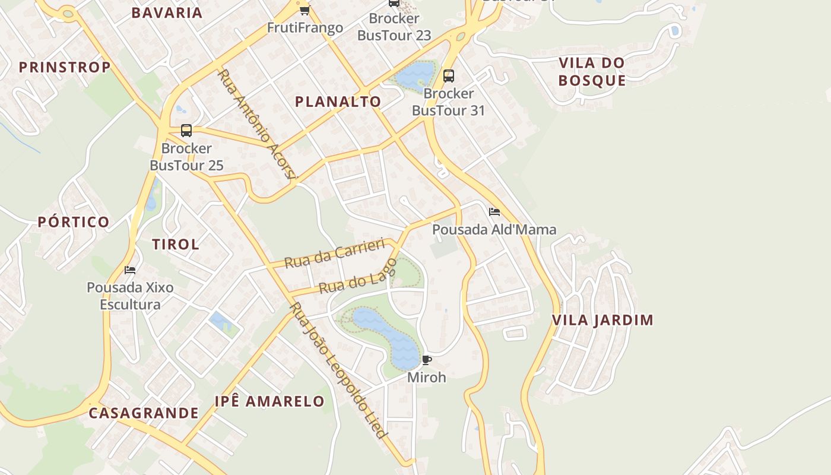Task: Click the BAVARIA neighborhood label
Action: pyautogui.click(x=167, y=12)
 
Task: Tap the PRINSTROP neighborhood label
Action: pyautogui.click(x=65, y=67)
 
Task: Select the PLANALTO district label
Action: pyautogui.click(x=338, y=102)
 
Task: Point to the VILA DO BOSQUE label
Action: pyautogui.click(x=592, y=71)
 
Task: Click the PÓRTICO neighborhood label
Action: pyautogui.click(x=74, y=222)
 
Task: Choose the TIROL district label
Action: pyautogui.click(x=175, y=244)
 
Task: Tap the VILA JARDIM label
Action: pyautogui.click(x=602, y=320)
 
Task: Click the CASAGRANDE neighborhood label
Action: pyautogui.click(x=144, y=413)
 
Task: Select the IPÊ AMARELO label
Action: pyautogui.click(x=269, y=401)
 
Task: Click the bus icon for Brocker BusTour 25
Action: pyautogui.click(x=186, y=131)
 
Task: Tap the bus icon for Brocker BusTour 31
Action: pyautogui.click(x=449, y=76)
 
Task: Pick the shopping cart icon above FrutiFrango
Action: pyautogui.click(x=305, y=10)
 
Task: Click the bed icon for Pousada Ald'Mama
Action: pyautogui.click(x=494, y=212)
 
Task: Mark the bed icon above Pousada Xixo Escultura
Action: pyautogui.click(x=130, y=270)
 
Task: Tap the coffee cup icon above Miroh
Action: pyautogui.click(x=426, y=360)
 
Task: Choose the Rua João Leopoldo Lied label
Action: pyautogui.click(x=338, y=371)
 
